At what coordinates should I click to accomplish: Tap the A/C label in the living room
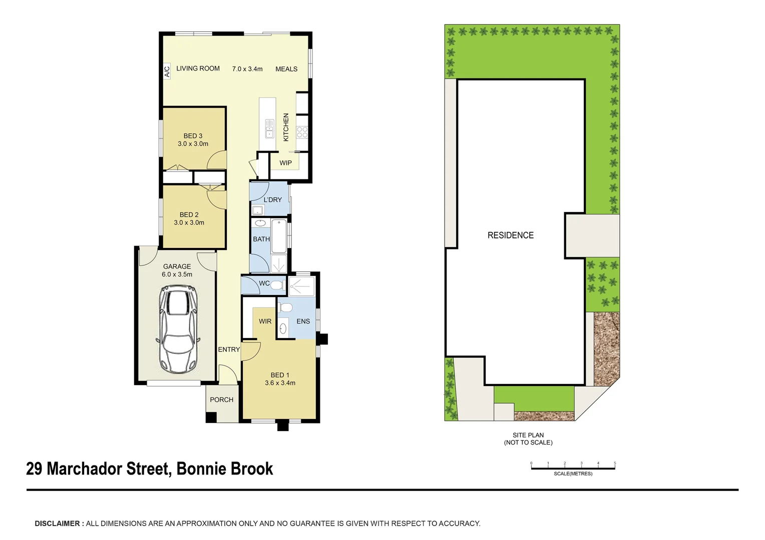click(x=167, y=71)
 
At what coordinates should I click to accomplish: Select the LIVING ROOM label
click(x=198, y=68)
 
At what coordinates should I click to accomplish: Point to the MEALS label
click(x=286, y=69)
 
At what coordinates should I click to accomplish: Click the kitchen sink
click(x=269, y=128)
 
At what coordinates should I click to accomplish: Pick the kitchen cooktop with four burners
click(x=302, y=132)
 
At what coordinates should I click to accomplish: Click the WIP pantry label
click(x=285, y=163)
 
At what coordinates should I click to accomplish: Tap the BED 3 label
click(x=193, y=136)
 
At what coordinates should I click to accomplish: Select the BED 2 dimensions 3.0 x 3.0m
click(x=189, y=222)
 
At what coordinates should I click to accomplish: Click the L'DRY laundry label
click(x=272, y=199)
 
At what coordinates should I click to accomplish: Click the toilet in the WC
click(x=278, y=285)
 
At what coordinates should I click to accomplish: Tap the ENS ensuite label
click(x=303, y=321)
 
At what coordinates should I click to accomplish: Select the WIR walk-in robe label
click(x=265, y=321)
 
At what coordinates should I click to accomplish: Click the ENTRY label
click(x=229, y=349)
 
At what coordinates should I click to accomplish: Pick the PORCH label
click(x=221, y=399)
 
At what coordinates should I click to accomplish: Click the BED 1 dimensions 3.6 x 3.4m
click(x=280, y=383)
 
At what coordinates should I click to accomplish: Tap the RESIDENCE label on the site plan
click(x=510, y=235)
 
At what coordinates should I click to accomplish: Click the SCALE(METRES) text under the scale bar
click(x=573, y=473)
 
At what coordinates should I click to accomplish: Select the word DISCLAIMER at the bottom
click(x=57, y=523)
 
